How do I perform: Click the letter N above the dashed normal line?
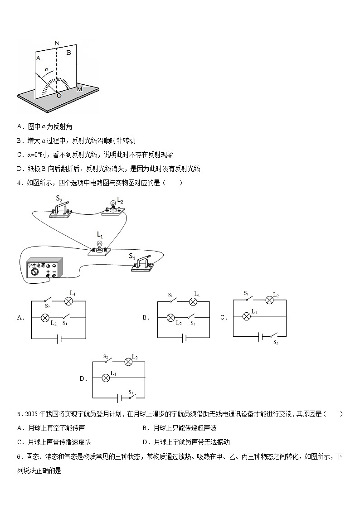tap(57, 44)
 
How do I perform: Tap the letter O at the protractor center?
tap(58, 96)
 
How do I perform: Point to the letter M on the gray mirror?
tap(79, 89)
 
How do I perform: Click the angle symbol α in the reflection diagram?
tap(46, 70)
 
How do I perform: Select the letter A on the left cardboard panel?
tap(38, 58)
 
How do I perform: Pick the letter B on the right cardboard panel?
tap(69, 53)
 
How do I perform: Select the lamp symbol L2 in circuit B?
tap(170, 318)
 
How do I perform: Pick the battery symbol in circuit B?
tap(184, 337)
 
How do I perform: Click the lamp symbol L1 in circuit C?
tap(247, 316)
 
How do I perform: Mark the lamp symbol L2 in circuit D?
tap(128, 362)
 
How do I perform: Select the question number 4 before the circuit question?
tap(19, 183)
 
